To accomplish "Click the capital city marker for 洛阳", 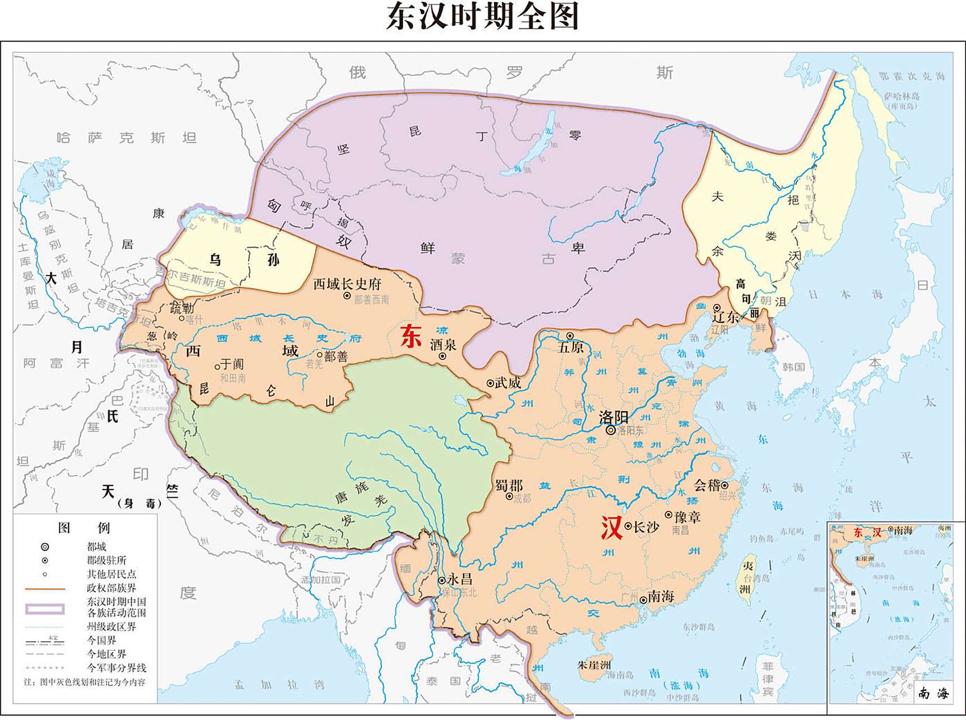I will click(611, 430).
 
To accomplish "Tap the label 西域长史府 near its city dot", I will click(347, 284).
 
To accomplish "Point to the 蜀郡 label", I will click(509, 485).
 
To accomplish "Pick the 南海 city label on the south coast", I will click(661, 596).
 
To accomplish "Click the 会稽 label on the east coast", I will click(706, 485).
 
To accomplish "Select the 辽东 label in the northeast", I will click(725, 317).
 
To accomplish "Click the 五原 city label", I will click(571, 347).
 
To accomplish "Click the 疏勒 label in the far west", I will click(182, 308).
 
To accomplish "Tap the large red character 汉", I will click(611, 528).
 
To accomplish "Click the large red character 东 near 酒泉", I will click(410, 336).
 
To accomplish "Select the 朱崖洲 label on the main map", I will click(594, 665).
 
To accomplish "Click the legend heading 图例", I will click(84, 528).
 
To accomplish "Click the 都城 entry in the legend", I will click(96, 546).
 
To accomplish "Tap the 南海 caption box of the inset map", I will click(933, 693).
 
